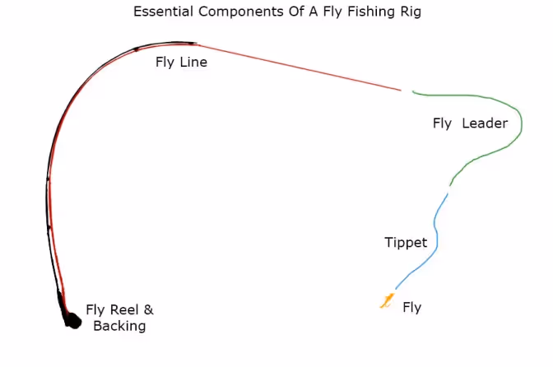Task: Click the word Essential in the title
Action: [160, 12]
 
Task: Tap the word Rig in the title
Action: [409, 12]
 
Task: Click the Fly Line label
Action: [181, 62]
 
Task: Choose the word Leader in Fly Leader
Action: [485, 123]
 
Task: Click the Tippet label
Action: [406, 242]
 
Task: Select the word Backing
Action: [119, 326]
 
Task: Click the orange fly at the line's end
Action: [386, 301]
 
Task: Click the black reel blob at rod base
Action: [72, 321]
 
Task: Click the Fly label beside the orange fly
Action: [411, 308]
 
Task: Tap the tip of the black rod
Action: [194, 43]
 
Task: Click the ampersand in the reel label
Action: [149, 310]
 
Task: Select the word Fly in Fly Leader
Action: [443, 123]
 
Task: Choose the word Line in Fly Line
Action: [193, 62]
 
